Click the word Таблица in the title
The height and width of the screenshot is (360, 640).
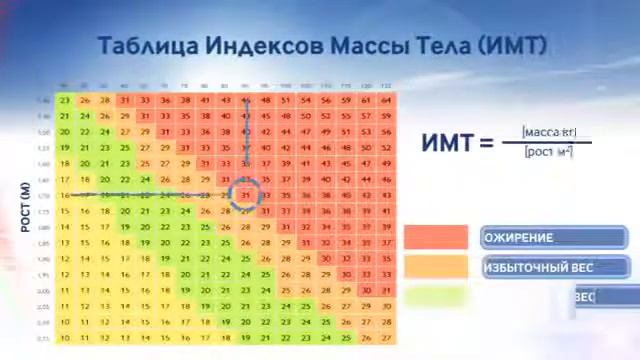tap(148, 46)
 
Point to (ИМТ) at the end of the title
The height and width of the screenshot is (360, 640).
tap(510, 46)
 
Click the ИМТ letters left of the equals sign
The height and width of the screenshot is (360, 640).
tap(447, 142)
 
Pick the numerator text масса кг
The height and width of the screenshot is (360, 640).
tap(550, 132)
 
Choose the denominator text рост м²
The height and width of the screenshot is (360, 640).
tap(549, 151)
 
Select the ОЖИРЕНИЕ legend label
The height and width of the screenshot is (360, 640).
tap(519, 238)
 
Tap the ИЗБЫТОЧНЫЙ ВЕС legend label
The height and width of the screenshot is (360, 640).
tap(539, 267)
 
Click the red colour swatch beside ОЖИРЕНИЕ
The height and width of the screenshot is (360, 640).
tap(436, 238)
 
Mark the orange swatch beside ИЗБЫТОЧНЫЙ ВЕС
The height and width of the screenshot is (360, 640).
tap(436, 267)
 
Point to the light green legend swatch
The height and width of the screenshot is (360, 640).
tap(436, 296)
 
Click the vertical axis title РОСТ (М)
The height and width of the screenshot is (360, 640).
tap(27, 206)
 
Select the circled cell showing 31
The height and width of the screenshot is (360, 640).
tap(246, 194)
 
